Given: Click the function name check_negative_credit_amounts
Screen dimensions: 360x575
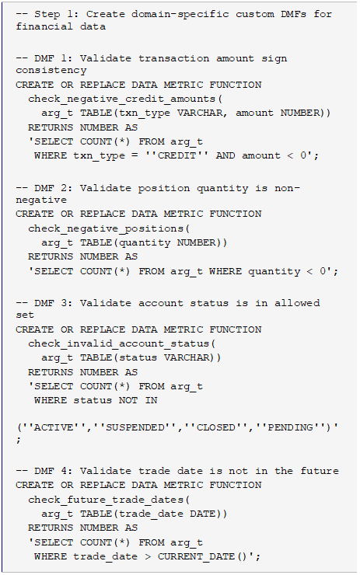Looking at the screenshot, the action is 122,99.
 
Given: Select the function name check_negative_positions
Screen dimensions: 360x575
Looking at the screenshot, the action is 106,228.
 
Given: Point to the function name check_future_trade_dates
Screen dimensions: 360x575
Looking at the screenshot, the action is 106,500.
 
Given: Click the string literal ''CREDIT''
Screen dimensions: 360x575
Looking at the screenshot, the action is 177,155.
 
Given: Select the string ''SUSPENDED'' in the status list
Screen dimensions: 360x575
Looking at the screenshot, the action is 135,427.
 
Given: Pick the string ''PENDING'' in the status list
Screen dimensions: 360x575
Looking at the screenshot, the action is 291,427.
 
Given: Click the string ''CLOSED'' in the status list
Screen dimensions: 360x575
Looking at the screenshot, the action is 216,427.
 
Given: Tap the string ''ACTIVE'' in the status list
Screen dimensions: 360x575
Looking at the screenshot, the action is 54,427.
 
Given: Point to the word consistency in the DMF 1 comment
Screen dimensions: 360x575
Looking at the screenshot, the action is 51,71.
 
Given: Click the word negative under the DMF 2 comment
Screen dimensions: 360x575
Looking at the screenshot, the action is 41,200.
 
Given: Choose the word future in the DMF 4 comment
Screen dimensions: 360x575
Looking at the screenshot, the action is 320,471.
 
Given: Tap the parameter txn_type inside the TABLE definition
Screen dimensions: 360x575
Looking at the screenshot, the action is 145,113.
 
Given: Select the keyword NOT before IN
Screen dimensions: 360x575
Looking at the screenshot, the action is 128,400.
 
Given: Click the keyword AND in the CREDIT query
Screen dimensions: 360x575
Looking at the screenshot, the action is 225,155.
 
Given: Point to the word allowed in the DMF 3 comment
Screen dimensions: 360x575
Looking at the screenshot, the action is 297,303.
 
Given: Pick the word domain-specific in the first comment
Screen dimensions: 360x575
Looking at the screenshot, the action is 180,14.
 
